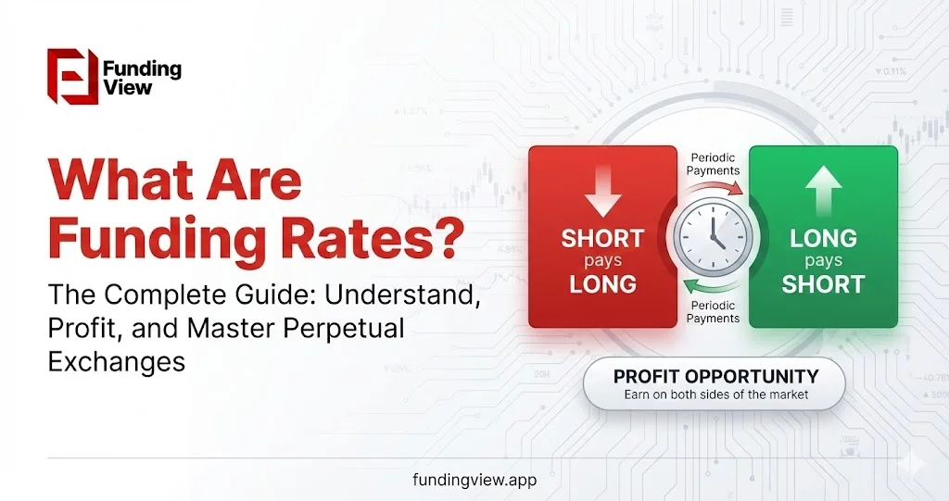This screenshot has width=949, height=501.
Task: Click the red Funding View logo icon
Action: coord(72,76)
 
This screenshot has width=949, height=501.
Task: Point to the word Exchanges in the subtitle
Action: coord(117,361)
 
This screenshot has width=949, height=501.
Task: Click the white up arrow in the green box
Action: coord(823,188)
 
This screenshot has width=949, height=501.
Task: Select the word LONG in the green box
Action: coord(822,238)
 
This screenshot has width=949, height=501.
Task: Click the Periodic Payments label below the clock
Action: coord(712,311)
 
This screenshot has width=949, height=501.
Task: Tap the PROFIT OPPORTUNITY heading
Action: coord(716,376)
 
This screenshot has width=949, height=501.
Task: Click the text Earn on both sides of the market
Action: coord(716,395)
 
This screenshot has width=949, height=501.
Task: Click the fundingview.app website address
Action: coord(474,481)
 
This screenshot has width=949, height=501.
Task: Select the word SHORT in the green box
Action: coord(823,282)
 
